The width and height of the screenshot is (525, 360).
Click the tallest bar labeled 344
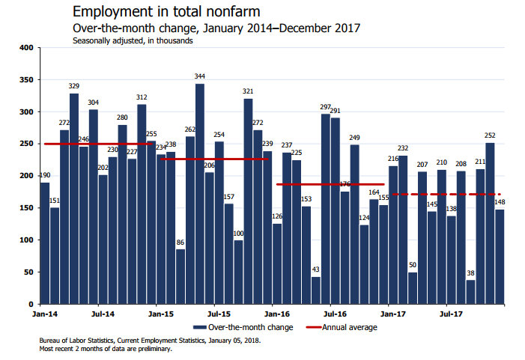coord(200,194)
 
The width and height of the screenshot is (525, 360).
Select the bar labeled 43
coord(316,290)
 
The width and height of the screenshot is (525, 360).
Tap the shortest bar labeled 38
coord(470,292)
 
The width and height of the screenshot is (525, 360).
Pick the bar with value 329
coord(74,198)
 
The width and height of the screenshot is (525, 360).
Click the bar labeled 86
coord(180,276)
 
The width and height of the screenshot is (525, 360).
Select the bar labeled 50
coord(413,288)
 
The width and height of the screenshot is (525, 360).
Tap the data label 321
coord(248,91)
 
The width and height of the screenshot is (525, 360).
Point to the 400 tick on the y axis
coord(27,48)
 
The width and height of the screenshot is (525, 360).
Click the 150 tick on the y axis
coord(27,208)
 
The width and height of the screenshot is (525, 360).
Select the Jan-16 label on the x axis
coord(277,315)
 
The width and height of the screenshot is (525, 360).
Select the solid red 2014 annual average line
coord(97,144)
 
